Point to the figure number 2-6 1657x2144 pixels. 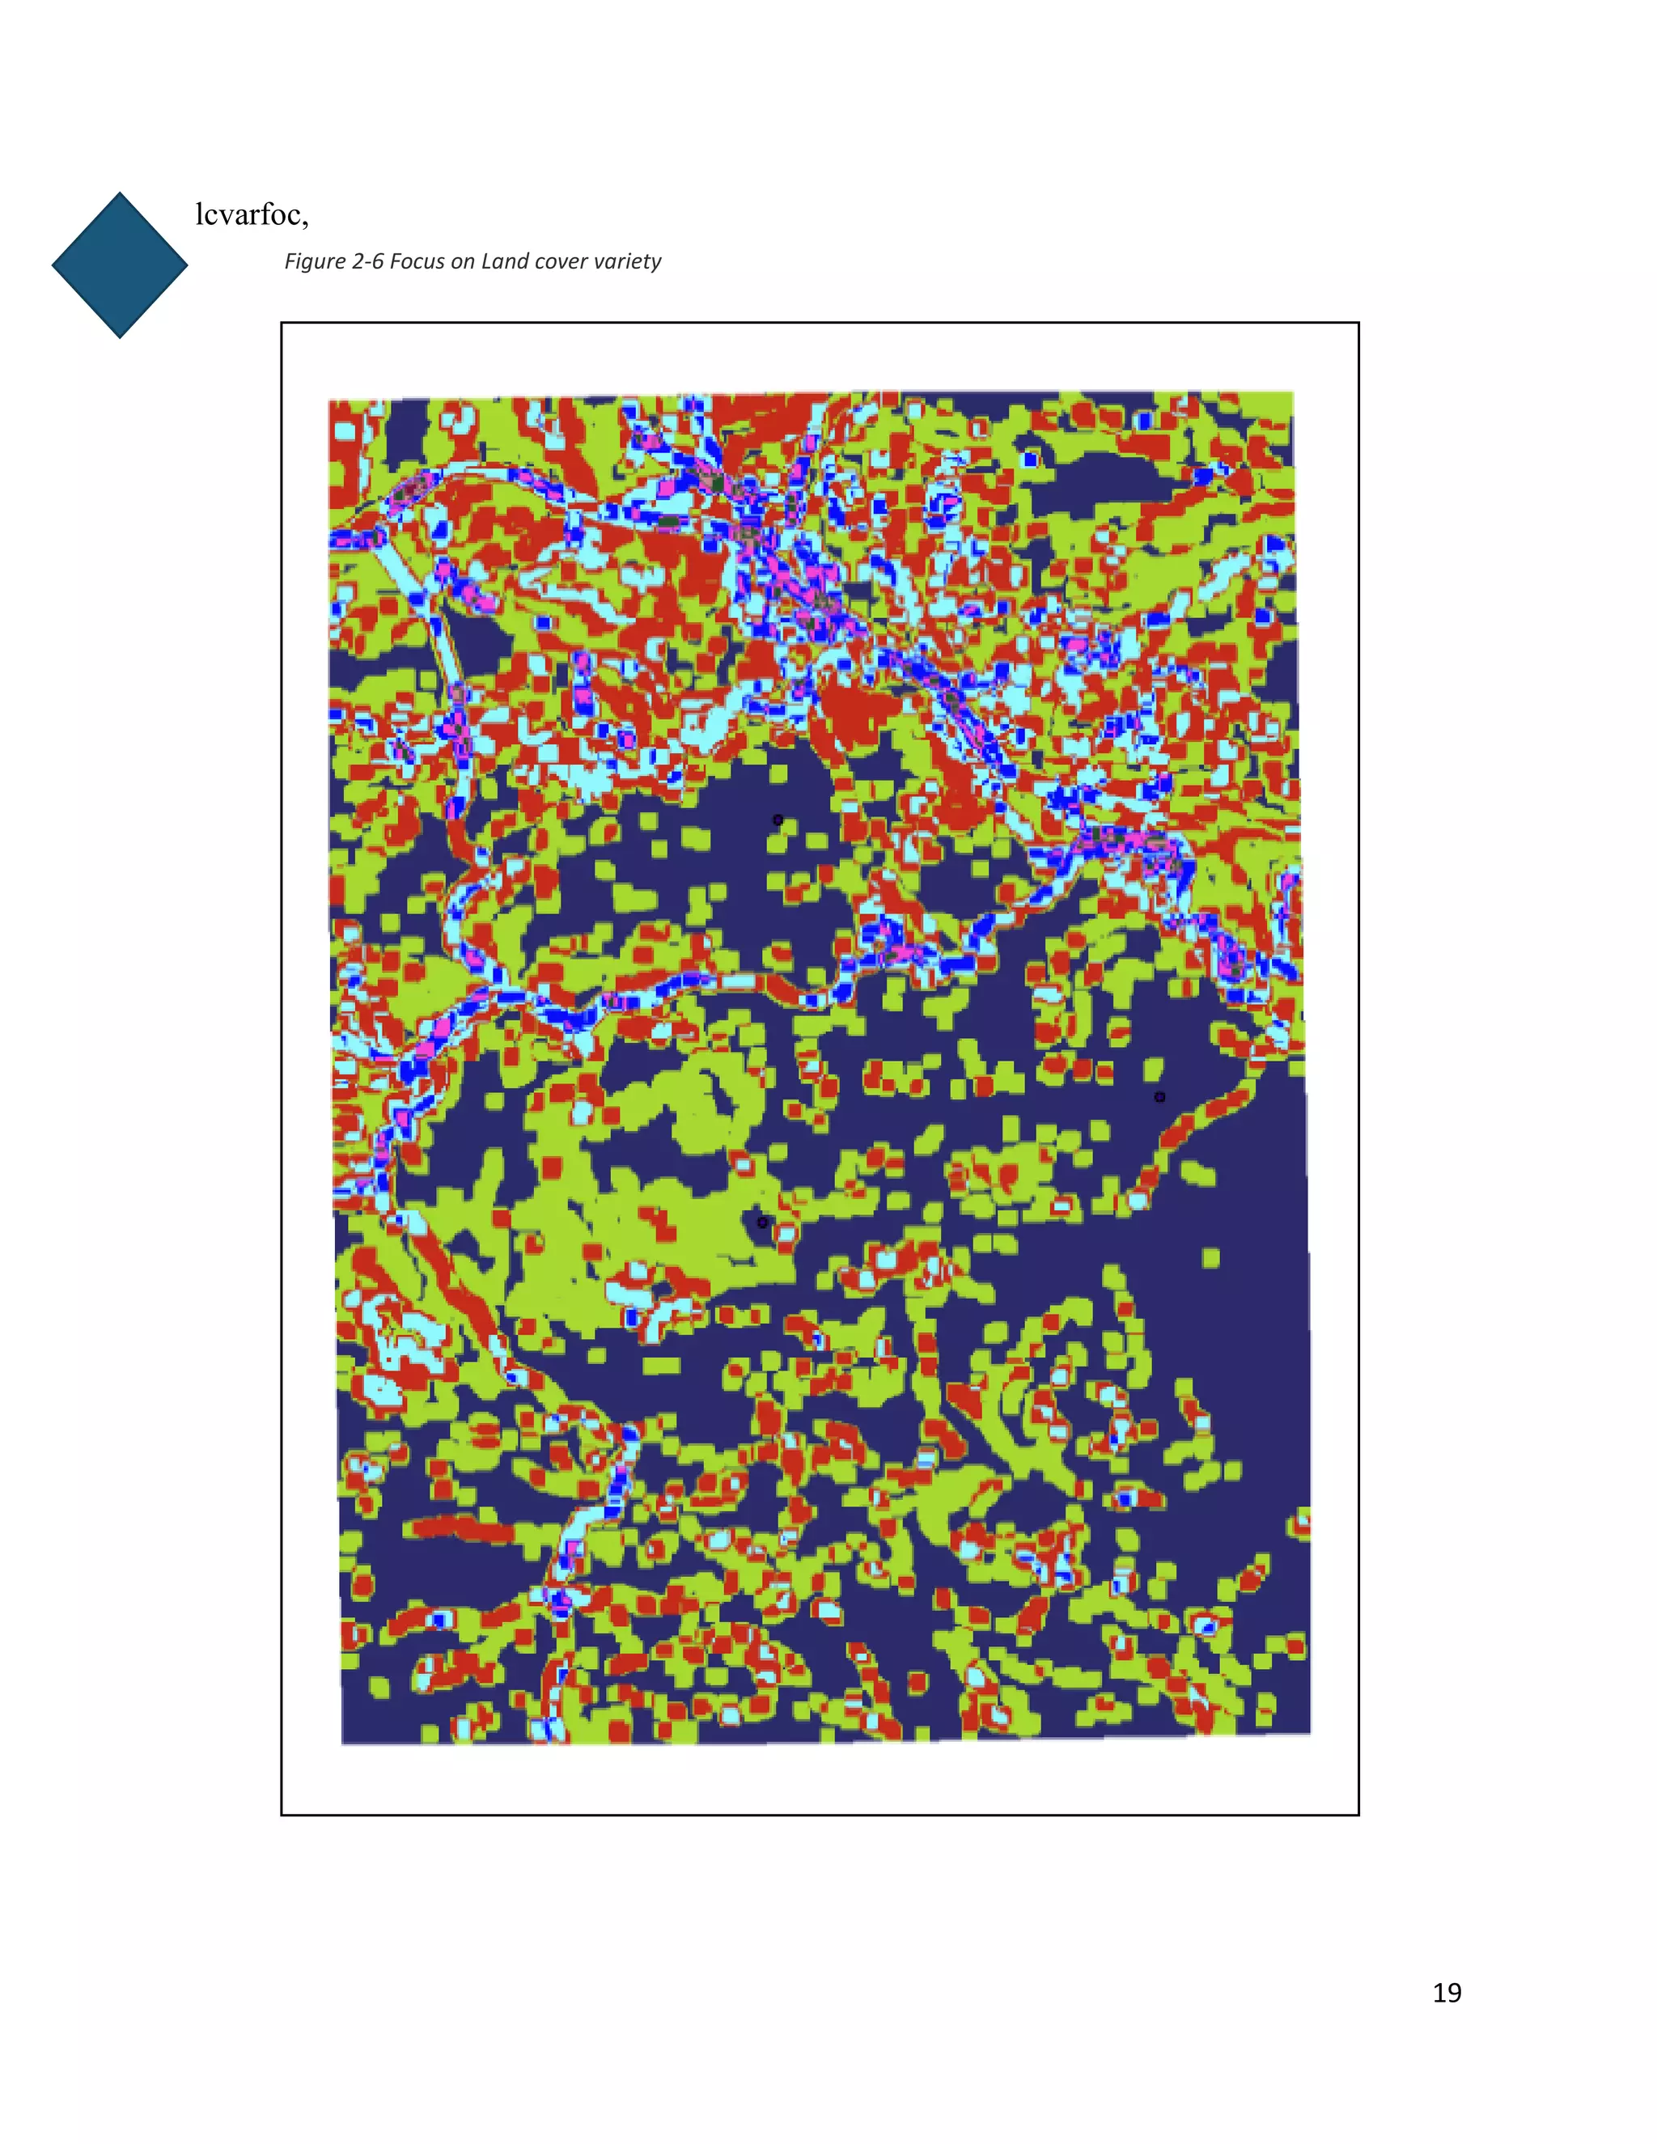click(x=367, y=261)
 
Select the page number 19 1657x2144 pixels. click(x=1446, y=1992)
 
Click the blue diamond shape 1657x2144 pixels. click(x=120, y=265)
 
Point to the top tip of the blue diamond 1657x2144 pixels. click(x=120, y=193)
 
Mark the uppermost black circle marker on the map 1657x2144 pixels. click(x=778, y=820)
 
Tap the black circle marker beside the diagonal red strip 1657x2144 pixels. click(x=1159, y=1096)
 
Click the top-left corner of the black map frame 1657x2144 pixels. click(x=282, y=323)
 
